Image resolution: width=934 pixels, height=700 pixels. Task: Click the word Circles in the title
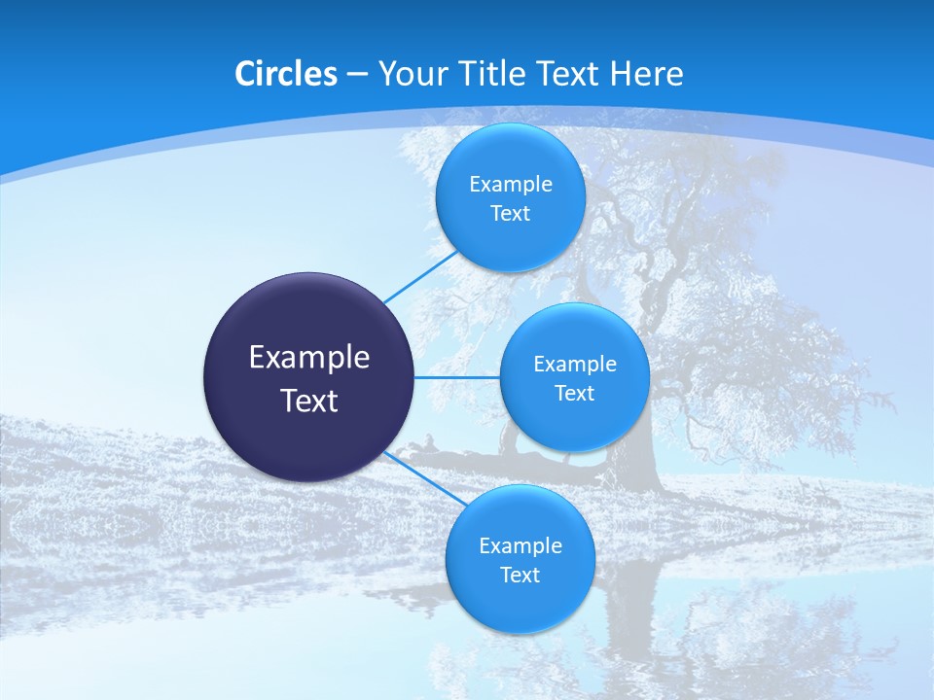(286, 74)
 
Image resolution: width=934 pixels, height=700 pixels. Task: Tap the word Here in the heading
(646, 74)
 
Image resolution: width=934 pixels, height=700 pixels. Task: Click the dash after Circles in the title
(357, 75)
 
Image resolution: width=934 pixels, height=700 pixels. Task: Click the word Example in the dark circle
(309, 358)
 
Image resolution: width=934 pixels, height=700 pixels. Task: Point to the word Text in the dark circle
(309, 401)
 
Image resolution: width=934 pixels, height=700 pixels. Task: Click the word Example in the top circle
(511, 185)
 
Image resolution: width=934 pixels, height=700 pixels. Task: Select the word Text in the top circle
(510, 214)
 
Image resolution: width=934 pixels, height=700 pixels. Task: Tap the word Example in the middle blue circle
(575, 365)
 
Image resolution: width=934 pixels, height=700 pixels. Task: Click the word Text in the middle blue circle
(574, 394)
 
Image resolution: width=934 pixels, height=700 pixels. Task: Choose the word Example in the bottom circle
(521, 546)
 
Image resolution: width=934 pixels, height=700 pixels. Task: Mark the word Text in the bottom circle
(520, 576)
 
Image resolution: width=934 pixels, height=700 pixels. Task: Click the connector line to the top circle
(421, 276)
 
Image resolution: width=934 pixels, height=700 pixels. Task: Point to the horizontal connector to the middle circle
(456, 377)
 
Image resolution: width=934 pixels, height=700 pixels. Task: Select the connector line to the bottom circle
(425, 477)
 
